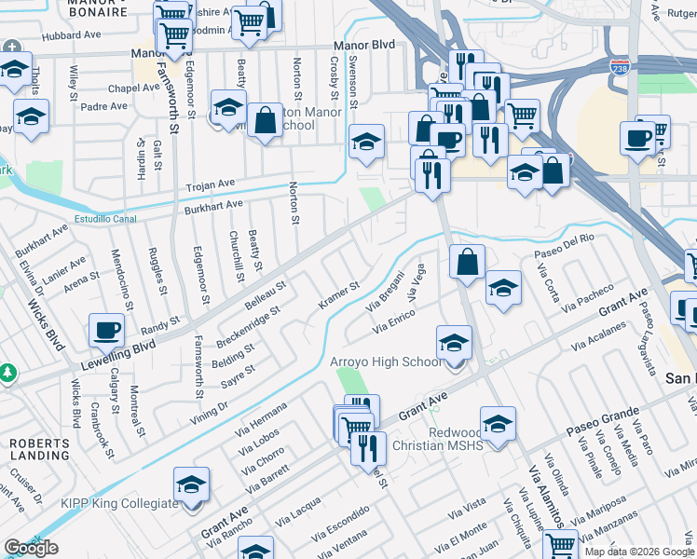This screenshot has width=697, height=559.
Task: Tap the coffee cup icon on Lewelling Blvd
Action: click(x=106, y=330)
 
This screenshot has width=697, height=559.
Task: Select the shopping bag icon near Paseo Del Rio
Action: click(x=467, y=262)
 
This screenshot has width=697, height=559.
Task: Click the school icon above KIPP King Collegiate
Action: click(x=191, y=484)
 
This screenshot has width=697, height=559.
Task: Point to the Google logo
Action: click(x=31, y=548)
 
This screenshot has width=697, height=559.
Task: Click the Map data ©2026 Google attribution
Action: click(x=638, y=552)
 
